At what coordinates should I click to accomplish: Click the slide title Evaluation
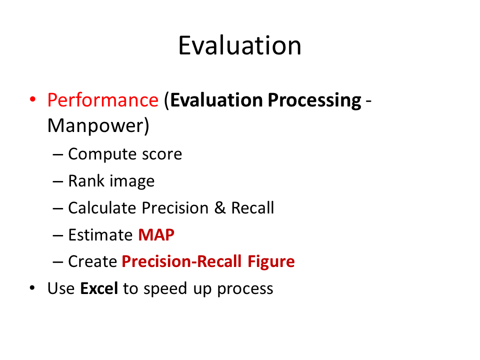[x=239, y=45]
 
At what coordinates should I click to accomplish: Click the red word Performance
[x=103, y=100]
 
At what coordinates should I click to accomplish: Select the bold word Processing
[x=314, y=100]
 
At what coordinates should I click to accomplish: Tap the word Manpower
[x=96, y=126]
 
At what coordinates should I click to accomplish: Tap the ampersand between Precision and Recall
[x=220, y=208]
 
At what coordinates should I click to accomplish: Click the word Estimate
[x=100, y=235]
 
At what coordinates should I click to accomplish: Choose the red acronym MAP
[x=156, y=235]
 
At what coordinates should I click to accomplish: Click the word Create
[x=92, y=261]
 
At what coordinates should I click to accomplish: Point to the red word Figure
[x=271, y=262]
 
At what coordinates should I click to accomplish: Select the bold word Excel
[x=99, y=288]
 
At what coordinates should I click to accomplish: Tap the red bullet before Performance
[x=32, y=99]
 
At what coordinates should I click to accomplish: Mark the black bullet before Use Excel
[x=32, y=288]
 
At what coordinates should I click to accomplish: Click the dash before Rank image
[x=58, y=181]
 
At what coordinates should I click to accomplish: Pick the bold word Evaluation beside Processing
[x=216, y=100]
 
